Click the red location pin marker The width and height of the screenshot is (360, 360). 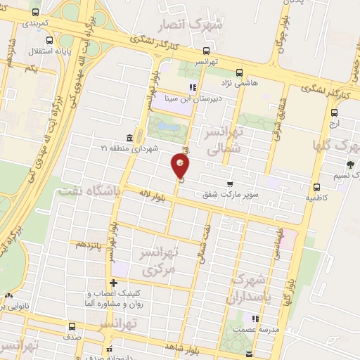click(x=181, y=166)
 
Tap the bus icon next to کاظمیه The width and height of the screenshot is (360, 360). click(x=318, y=187)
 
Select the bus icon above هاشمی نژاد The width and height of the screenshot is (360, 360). click(x=240, y=72)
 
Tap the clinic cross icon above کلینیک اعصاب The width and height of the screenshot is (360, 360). click(x=112, y=283)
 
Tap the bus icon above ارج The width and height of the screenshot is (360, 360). click(x=333, y=112)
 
